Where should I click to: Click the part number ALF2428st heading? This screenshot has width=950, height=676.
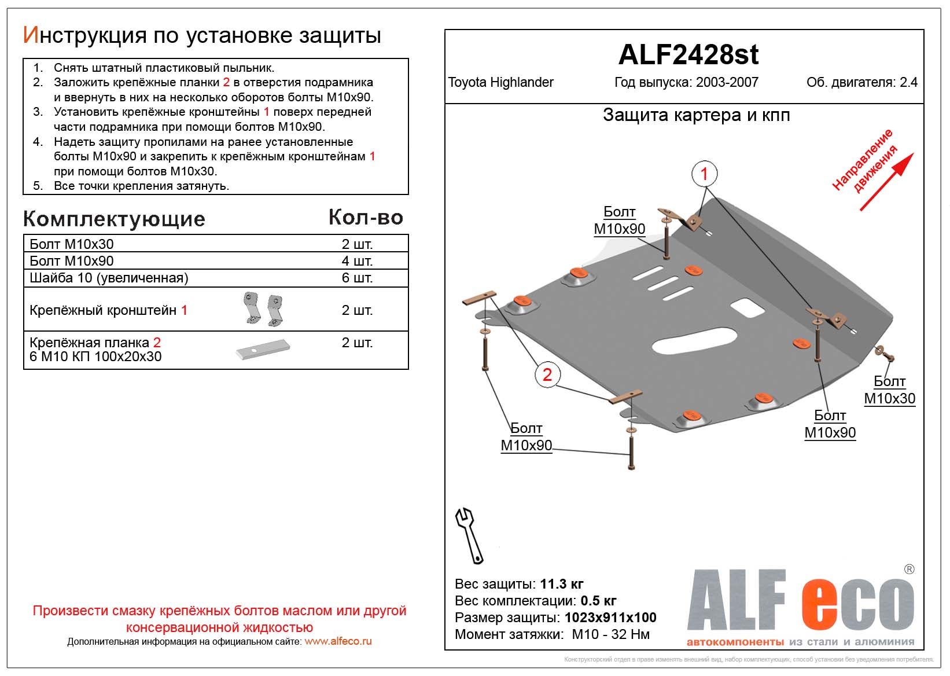point(688,55)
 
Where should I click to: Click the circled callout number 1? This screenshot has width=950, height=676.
point(704,174)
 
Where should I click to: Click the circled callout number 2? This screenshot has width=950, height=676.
point(547,375)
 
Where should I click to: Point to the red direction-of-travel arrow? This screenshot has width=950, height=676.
point(886,182)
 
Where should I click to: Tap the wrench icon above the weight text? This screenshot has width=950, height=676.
point(469,535)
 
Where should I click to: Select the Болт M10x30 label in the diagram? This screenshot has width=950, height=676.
point(889,390)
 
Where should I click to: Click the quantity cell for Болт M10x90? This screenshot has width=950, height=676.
point(357,261)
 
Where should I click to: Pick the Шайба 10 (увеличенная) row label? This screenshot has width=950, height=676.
point(109,278)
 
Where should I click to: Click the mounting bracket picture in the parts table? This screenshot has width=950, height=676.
point(263,309)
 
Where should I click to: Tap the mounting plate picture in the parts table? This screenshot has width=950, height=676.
point(263,349)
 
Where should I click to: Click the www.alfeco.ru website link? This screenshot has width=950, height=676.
point(338,641)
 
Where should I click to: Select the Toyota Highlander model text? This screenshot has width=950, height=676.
point(500,82)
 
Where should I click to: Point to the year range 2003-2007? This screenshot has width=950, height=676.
point(727,82)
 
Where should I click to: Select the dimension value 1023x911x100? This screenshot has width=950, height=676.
point(610,618)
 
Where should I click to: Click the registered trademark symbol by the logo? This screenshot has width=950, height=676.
point(909,570)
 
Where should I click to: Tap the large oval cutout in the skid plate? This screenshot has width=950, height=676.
point(692,340)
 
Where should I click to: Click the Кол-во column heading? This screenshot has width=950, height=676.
point(366,218)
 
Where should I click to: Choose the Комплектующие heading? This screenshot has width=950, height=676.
point(114,219)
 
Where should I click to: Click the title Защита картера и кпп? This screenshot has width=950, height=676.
point(696,115)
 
